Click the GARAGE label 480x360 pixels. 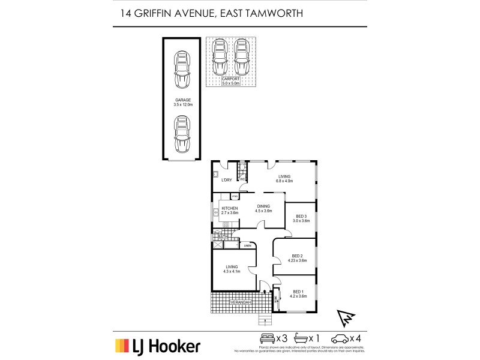[182, 100]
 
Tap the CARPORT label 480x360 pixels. [231, 79]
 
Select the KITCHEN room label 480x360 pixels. [230, 208]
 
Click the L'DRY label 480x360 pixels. [227, 180]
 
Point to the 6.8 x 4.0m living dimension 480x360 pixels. [284, 181]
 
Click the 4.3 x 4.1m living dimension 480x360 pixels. [232, 271]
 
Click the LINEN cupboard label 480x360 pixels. [247, 245]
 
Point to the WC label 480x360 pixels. [242, 179]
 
